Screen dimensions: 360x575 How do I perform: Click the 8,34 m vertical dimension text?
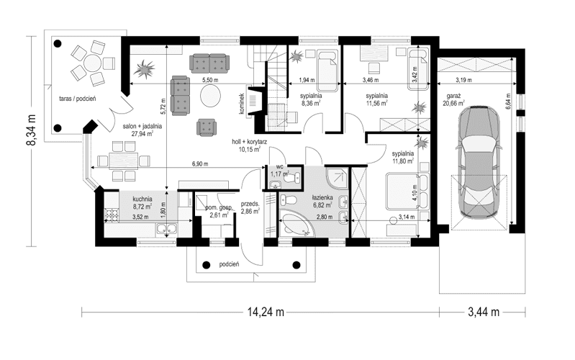tap(30, 130)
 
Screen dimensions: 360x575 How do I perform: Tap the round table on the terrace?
tap(91, 63)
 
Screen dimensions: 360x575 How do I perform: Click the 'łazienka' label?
tap(322, 197)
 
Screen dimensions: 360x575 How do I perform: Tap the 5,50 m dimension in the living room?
tap(210, 80)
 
